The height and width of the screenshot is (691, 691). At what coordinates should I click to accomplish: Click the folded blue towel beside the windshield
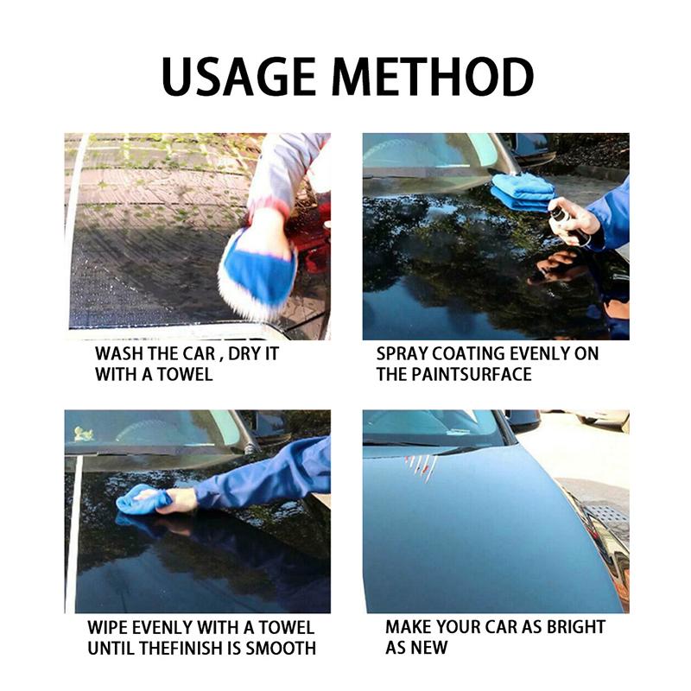(x=523, y=190)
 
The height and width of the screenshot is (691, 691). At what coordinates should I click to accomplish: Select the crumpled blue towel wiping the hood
(x=142, y=500)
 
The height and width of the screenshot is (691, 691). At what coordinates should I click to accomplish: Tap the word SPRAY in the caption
(x=403, y=354)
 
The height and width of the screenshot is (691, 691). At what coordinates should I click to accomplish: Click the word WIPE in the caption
(x=111, y=627)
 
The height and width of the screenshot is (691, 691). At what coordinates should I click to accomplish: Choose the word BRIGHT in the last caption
(x=575, y=627)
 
